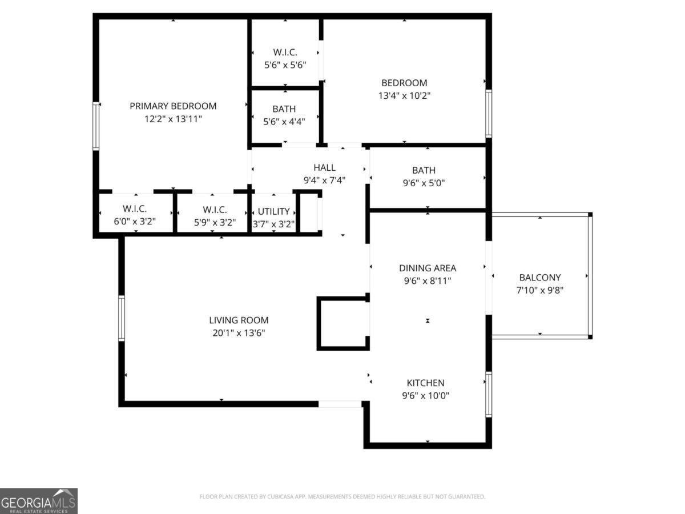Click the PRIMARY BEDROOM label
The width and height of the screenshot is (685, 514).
[x=173, y=106]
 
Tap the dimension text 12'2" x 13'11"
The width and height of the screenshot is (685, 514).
[x=173, y=119]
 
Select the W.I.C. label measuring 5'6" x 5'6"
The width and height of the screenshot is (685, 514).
[x=285, y=52]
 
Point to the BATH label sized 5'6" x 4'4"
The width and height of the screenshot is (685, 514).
[x=284, y=109]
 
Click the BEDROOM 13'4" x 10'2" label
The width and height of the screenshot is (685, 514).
[x=404, y=83]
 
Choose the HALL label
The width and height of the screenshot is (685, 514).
[x=324, y=167]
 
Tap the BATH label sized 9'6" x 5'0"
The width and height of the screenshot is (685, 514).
[x=424, y=170]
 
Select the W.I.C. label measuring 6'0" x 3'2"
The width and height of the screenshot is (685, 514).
[x=135, y=210]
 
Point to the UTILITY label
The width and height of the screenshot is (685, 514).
[x=273, y=211]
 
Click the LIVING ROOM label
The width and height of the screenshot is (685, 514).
[x=239, y=320]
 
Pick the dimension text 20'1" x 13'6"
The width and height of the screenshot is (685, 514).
[x=239, y=333]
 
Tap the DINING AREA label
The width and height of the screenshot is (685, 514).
[x=428, y=268]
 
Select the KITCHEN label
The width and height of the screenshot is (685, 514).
[x=425, y=383]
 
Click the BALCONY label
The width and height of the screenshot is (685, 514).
[x=540, y=278]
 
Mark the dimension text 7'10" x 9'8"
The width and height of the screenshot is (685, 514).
[x=540, y=290]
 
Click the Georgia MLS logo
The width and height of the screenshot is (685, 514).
[x=39, y=500]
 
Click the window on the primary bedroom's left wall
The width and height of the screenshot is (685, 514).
[x=96, y=126]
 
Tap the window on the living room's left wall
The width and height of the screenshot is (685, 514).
[x=122, y=318]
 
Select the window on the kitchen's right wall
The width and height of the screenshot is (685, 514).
[x=489, y=394]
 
